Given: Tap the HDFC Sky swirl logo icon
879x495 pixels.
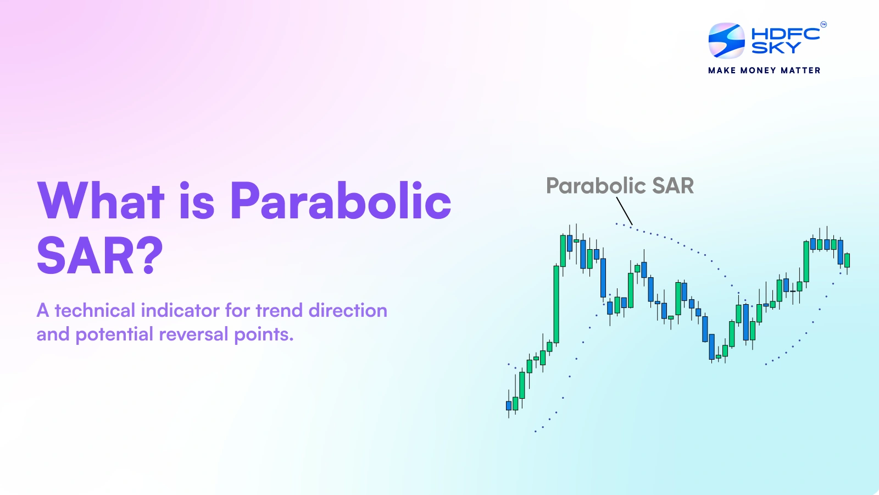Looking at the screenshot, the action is (x=726, y=41).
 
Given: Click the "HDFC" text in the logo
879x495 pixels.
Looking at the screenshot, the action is (x=786, y=34).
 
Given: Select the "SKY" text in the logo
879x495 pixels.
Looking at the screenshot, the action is (x=776, y=47).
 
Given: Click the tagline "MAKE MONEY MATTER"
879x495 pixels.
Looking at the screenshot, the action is (x=764, y=70).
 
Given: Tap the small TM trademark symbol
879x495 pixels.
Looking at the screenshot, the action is (x=824, y=24).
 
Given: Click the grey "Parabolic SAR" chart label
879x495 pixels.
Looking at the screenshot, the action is (x=620, y=186).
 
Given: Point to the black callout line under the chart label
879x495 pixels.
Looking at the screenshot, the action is (x=624, y=211).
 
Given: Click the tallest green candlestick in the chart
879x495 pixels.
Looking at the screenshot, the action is (x=556, y=304).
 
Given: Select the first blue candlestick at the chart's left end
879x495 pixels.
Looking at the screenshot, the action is (x=509, y=405).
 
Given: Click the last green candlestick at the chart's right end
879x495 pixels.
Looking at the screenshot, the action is (x=847, y=261).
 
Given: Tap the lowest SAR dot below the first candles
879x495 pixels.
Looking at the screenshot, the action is (x=535, y=431).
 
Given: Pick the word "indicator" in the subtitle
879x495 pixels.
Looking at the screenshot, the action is (x=181, y=310).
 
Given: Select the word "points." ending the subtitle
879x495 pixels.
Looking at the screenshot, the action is (x=264, y=335).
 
